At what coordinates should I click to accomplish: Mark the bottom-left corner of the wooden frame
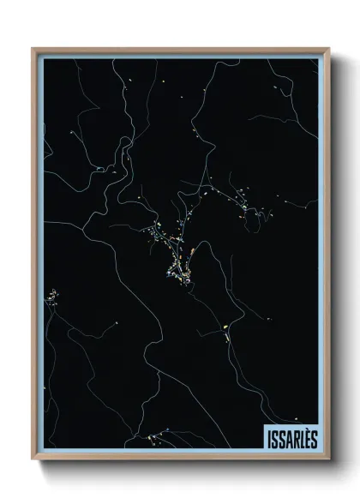tap(33, 460)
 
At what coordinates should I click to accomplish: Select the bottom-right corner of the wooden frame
tap(327, 460)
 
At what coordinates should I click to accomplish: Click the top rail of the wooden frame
tap(180, 49)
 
